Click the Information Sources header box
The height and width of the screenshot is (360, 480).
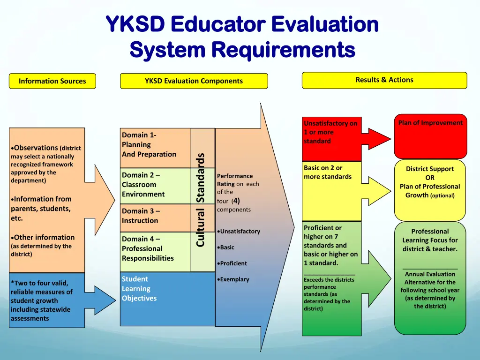[x=52, y=81]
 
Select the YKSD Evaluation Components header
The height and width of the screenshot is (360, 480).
[x=194, y=81]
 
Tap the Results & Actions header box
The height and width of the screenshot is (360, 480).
[x=384, y=80]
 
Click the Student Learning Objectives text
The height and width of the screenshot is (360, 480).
[x=139, y=289]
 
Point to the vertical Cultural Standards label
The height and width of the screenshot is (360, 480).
[x=201, y=200]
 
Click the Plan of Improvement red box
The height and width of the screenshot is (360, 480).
[x=430, y=136]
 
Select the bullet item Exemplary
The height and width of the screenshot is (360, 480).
[x=234, y=279]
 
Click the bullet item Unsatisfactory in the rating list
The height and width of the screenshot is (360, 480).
[x=239, y=232]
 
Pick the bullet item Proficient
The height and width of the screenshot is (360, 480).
[x=233, y=263]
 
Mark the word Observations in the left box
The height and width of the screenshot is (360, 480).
[x=36, y=148]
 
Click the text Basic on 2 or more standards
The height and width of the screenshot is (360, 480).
[x=327, y=172]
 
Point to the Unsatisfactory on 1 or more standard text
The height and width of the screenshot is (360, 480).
[x=330, y=132]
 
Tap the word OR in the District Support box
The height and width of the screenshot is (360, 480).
[x=430, y=178]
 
